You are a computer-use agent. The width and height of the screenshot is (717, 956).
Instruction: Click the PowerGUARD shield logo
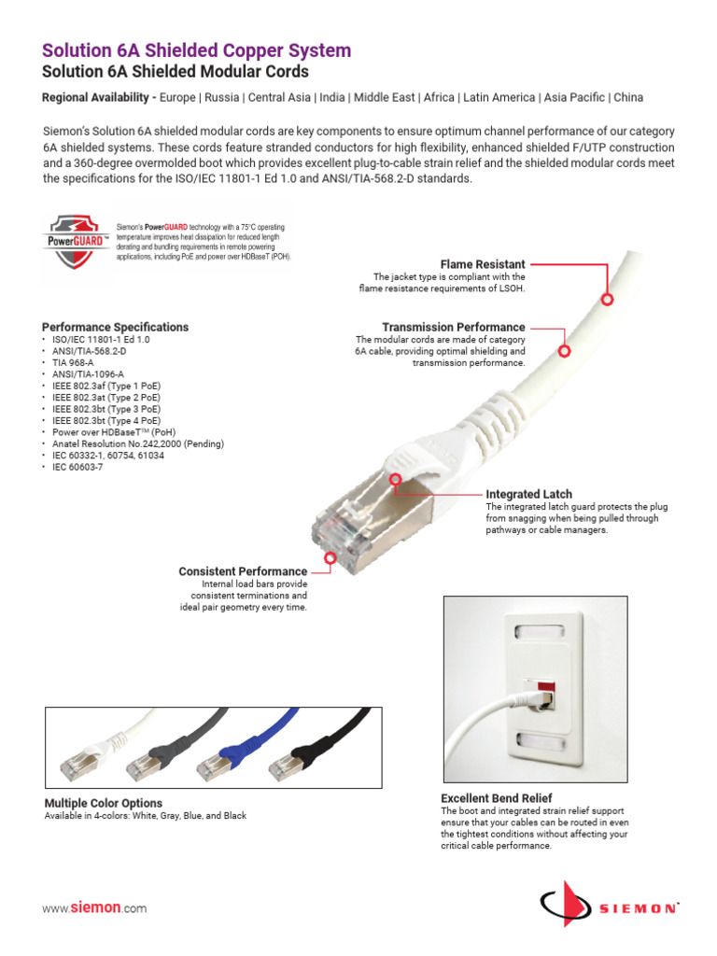point(76,240)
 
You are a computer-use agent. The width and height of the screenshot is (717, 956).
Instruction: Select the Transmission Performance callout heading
point(453,327)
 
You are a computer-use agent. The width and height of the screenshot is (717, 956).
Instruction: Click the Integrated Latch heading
point(528,493)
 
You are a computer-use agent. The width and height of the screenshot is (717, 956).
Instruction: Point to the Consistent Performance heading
point(243,570)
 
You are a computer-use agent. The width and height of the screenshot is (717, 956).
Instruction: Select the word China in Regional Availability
point(627,97)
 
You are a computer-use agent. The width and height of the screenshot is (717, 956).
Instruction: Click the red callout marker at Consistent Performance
point(330,558)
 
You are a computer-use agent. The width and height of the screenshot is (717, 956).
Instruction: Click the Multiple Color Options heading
point(104,803)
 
